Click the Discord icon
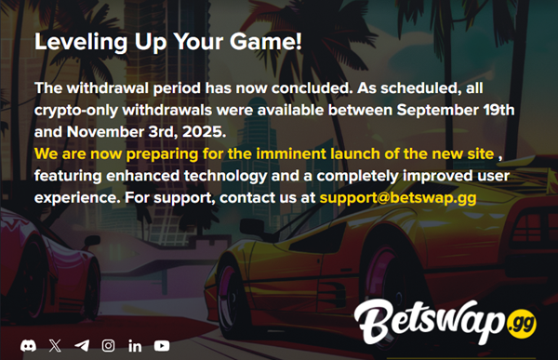point(30,345)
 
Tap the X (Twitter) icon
point(56,345)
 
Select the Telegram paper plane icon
point(82,345)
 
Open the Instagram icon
point(109,345)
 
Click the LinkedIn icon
point(135,345)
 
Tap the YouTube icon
point(162,345)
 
